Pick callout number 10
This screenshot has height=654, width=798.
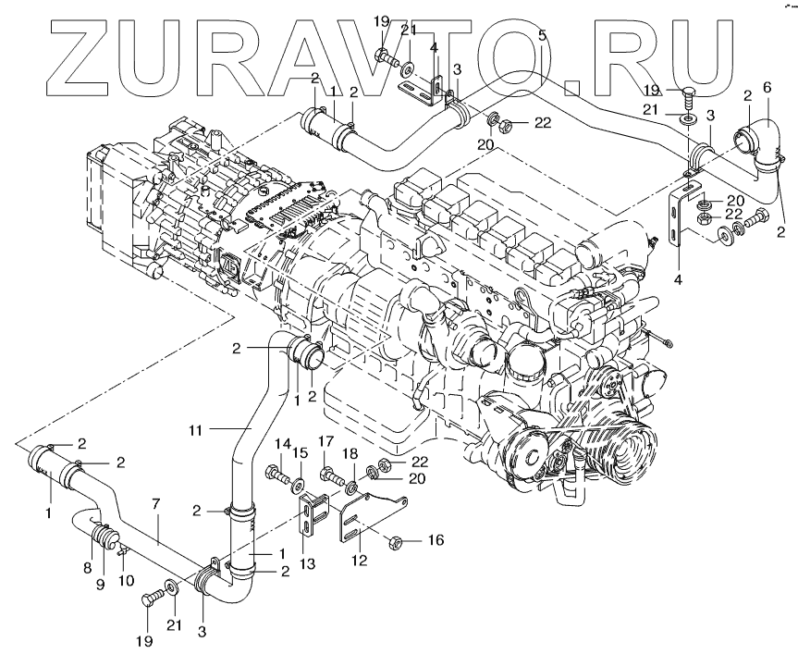(128, 580)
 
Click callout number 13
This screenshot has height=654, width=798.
(306, 564)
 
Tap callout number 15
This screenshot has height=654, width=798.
(299, 452)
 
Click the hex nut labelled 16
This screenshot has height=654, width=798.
(395, 538)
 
